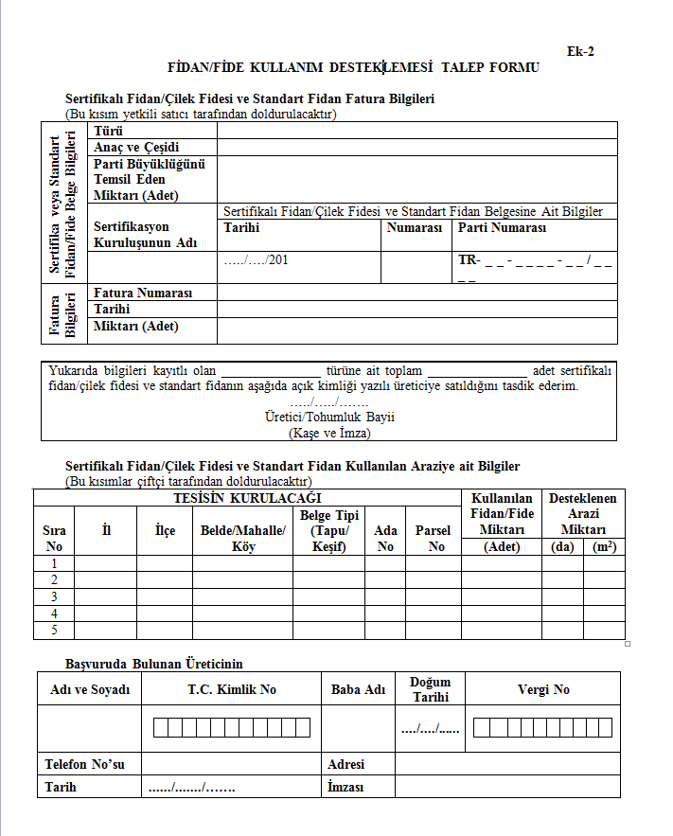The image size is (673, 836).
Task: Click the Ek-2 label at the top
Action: click(x=580, y=51)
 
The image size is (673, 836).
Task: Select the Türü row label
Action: click(x=109, y=131)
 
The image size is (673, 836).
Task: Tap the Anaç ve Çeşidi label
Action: click(x=136, y=147)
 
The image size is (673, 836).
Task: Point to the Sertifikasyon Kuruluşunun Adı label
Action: click(x=145, y=235)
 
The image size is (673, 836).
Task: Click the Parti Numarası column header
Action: click(x=502, y=228)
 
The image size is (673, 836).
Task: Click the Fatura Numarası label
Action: click(x=143, y=293)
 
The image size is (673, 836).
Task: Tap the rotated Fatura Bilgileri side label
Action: click(x=62, y=314)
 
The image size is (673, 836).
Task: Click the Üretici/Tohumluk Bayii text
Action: click(x=329, y=417)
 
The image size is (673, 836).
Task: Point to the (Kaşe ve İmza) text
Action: click(x=329, y=433)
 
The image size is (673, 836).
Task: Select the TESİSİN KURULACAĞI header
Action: click(x=247, y=498)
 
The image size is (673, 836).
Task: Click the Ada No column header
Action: click(x=385, y=539)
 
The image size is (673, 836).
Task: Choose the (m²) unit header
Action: click(x=603, y=546)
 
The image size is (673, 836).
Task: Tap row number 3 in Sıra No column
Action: click(x=54, y=596)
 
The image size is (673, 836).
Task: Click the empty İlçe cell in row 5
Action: click(x=165, y=630)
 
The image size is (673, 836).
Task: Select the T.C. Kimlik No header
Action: click(x=232, y=689)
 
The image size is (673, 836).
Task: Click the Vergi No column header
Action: click(x=543, y=689)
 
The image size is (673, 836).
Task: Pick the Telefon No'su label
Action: click(x=84, y=764)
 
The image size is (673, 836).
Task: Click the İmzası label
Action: click(x=346, y=787)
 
